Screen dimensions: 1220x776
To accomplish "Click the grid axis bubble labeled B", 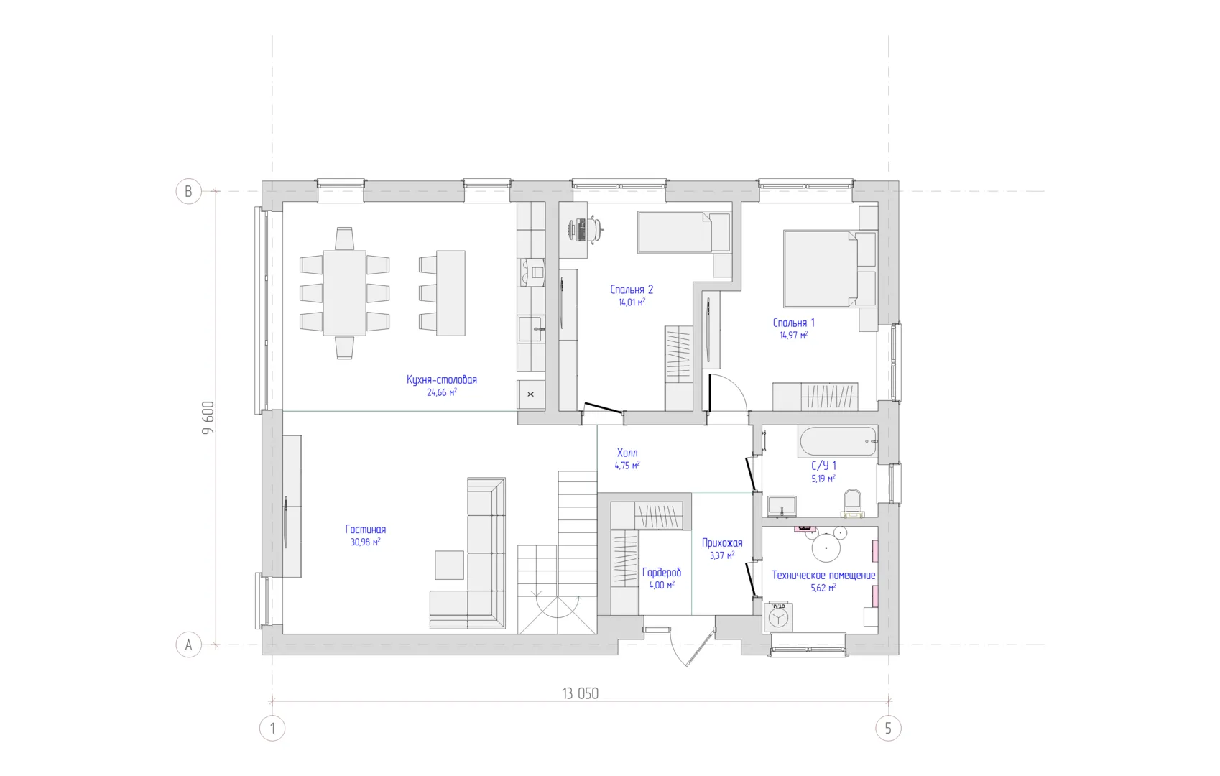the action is [188, 191].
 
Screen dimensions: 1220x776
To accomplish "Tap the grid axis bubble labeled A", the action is [188, 645].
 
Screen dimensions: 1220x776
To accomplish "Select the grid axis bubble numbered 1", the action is [272, 728].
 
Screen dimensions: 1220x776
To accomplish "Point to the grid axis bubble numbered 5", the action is [888, 728].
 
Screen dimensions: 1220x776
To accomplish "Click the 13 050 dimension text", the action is [580, 693].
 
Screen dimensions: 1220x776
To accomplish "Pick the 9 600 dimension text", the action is [208, 417].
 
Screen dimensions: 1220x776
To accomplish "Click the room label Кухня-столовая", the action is [442, 379].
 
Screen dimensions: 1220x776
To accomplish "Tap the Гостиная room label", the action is [366, 530].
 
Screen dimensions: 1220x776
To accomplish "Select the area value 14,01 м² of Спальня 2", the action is [632, 302].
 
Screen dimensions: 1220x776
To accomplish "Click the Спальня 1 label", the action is [793, 323].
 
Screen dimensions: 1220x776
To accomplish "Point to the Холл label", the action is [627, 453].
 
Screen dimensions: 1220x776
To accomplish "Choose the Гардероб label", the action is [662, 573].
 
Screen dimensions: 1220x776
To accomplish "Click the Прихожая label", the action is [722, 543].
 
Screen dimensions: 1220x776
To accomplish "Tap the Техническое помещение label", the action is [823, 575].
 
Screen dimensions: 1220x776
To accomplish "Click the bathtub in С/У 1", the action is [838, 442].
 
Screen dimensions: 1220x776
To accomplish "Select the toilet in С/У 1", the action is [852, 503].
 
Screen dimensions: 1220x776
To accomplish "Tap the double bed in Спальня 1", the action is [820, 269].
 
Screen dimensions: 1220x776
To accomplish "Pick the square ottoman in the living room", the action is [449, 565].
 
